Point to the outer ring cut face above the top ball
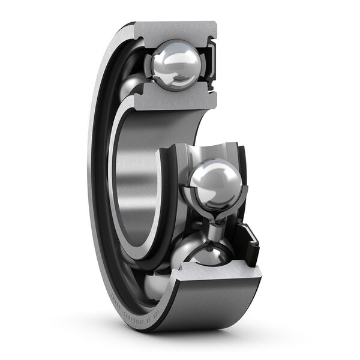click(173, 30)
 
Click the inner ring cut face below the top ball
click(174, 100)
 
